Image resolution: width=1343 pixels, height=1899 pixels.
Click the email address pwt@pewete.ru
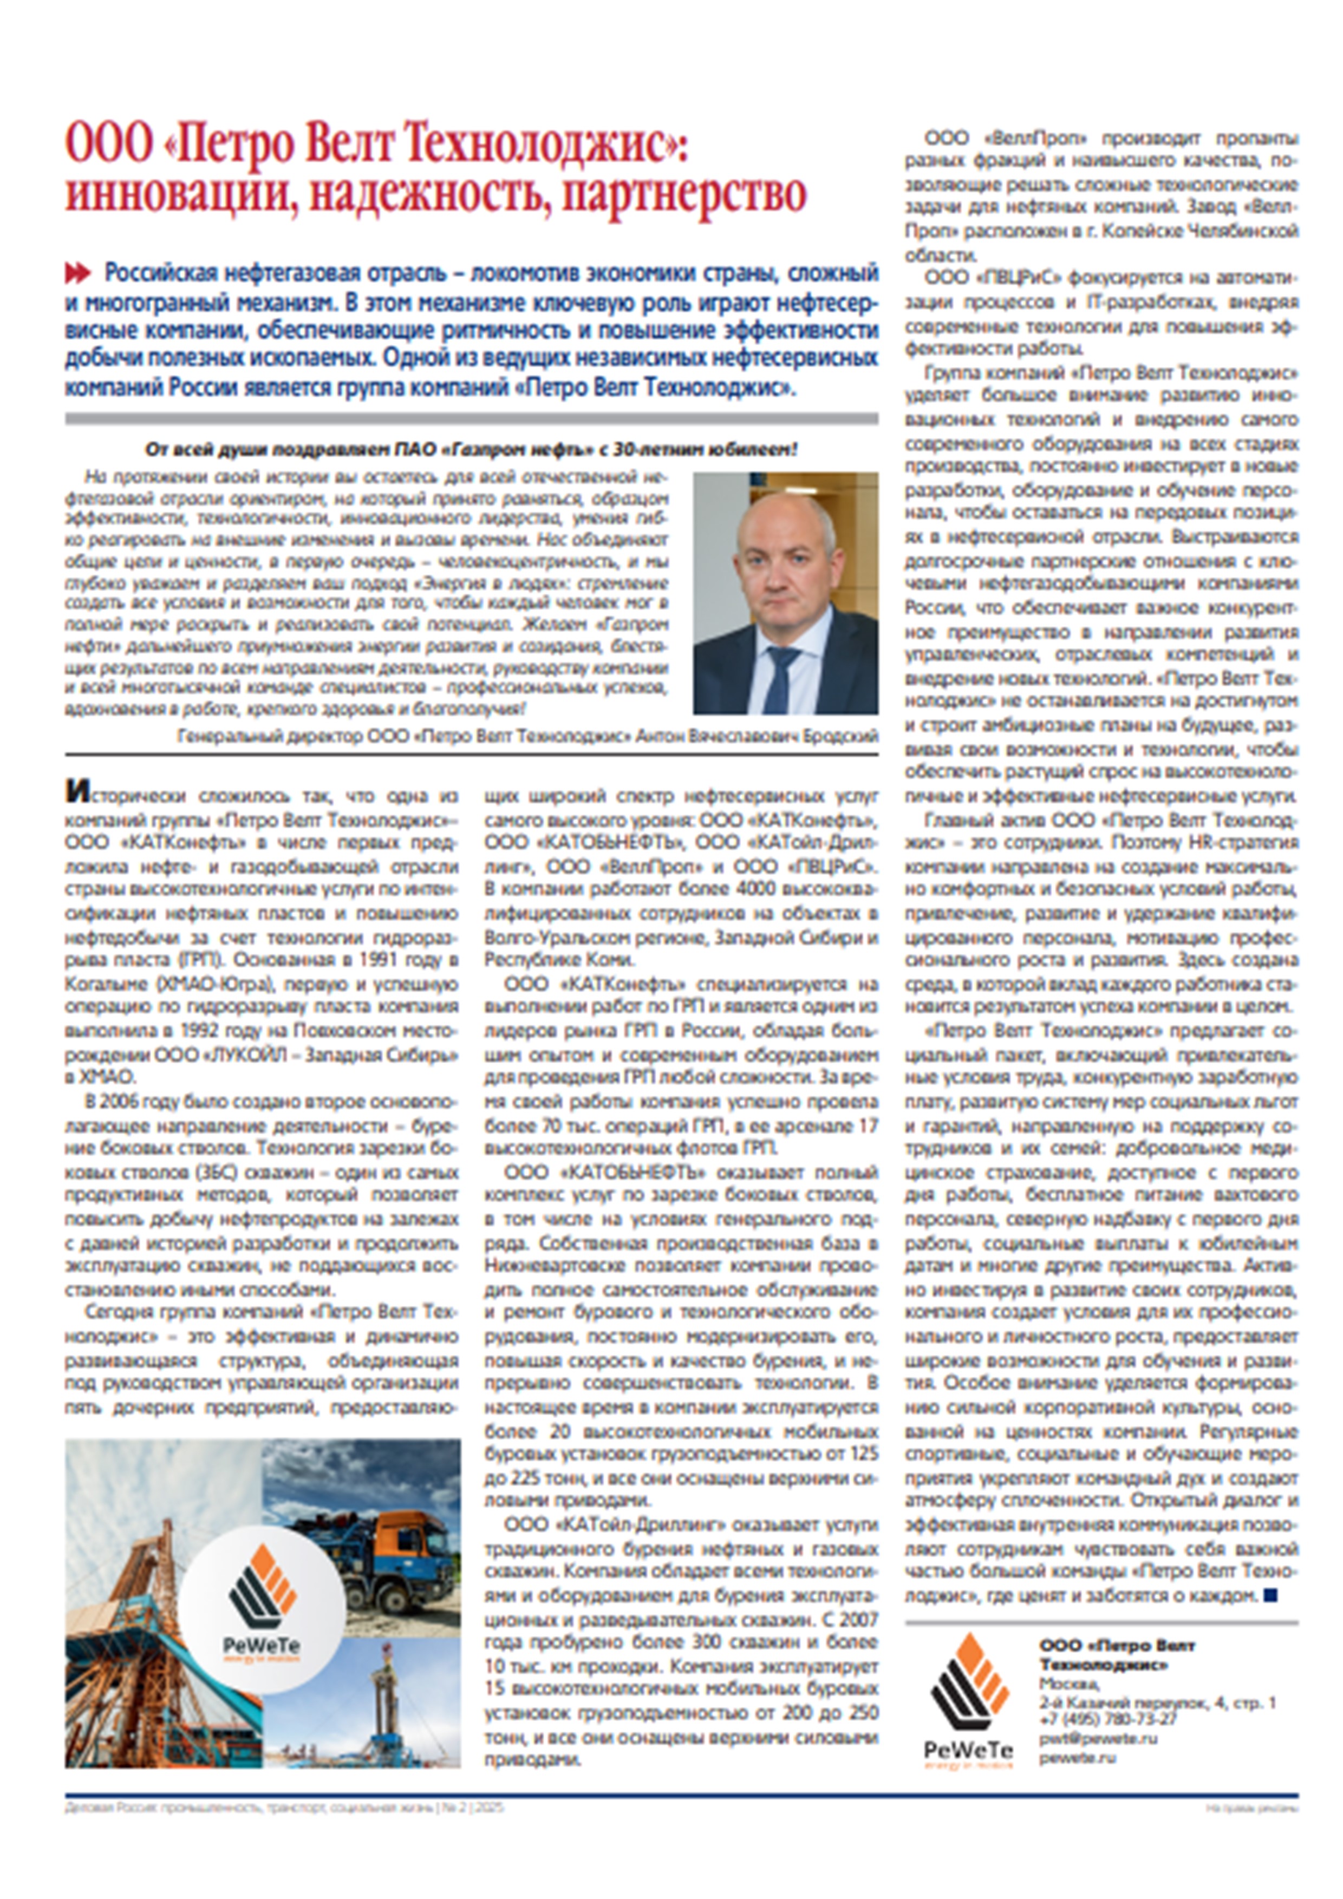[1098, 1739]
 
